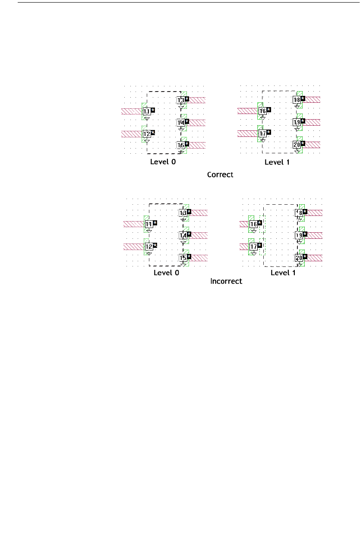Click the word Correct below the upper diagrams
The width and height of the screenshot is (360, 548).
(x=220, y=175)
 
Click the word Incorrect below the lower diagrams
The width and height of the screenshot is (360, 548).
(x=226, y=281)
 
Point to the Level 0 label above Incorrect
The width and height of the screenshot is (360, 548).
(x=166, y=273)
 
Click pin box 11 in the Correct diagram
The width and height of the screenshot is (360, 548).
(x=147, y=112)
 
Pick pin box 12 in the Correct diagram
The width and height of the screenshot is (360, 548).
(x=147, y=134)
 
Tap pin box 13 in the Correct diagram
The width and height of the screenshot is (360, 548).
(x=182, y=101)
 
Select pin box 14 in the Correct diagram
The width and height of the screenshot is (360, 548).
(x=182, y=123)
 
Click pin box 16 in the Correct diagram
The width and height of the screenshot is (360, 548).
(x=262, y=111)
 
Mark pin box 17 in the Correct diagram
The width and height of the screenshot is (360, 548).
(x=262, y=133)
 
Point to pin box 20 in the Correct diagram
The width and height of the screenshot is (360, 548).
(x=297, y=145)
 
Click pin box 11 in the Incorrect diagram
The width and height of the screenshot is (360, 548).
(x=149, y=224)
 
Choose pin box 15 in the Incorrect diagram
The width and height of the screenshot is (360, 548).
(x=183, y=258)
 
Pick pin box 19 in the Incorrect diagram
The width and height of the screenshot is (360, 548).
(x=299, y=235)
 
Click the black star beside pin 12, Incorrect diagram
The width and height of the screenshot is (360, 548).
(x=155, y=245)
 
